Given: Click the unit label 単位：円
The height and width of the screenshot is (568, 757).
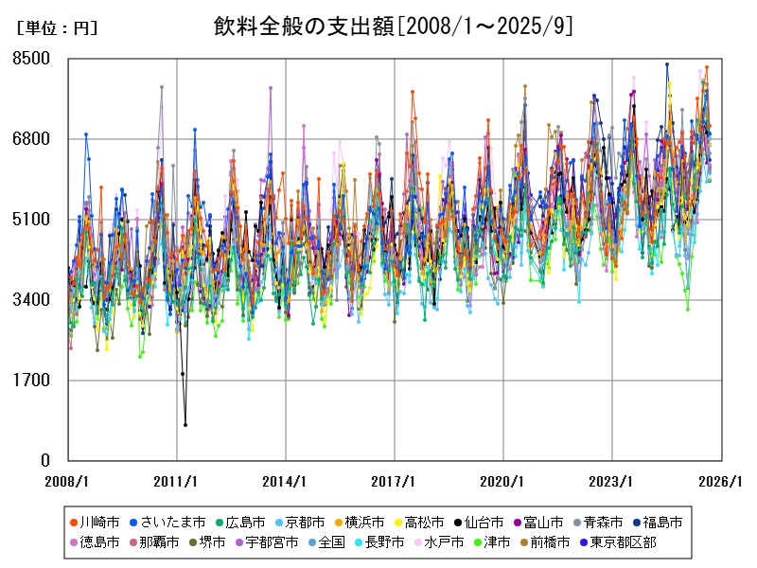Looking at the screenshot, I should [57, 28].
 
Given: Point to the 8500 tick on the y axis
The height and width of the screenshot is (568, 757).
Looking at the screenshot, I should [31, 59].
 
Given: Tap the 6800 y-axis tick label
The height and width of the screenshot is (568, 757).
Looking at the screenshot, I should [31, 139].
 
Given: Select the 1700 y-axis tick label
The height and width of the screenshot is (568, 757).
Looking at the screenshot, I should [31, 381].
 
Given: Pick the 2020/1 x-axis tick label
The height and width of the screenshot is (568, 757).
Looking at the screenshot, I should [502, 481].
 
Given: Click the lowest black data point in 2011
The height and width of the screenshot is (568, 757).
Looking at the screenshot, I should [185, 425].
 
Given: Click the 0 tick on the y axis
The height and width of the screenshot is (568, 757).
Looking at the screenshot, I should [44, 461].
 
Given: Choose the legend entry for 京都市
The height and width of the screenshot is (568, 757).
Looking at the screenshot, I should [306, 522].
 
